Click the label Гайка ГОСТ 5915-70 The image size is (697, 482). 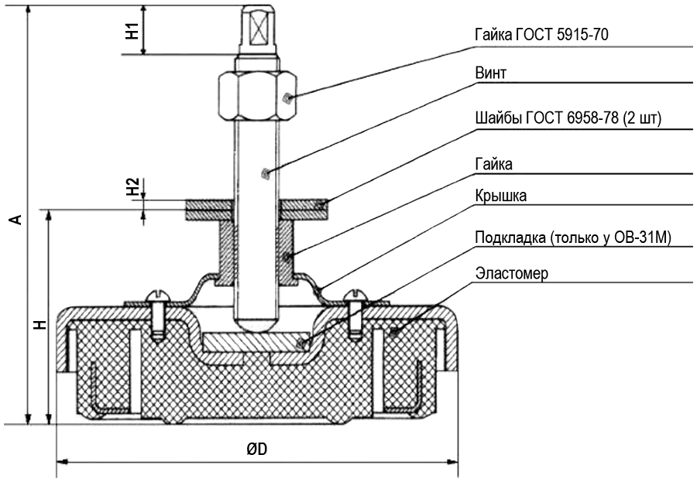tap(541, 34)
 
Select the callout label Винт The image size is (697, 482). tap(491, 73)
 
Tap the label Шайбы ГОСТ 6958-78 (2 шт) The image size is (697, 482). tap(568, 118)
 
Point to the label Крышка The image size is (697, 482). tap(501, 196)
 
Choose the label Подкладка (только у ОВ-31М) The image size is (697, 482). tap(573, 238)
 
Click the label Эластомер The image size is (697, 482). tap(512, 273)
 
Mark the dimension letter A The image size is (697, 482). tap(16, 219)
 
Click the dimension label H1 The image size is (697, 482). tap(132, 30)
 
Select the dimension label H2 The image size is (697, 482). tap(133, 187)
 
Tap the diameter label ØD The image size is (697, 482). tap(257, 450)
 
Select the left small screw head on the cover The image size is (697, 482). tap(159, 295)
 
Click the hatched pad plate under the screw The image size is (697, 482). tap(256, 341)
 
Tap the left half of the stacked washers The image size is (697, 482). tap(210, 210)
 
